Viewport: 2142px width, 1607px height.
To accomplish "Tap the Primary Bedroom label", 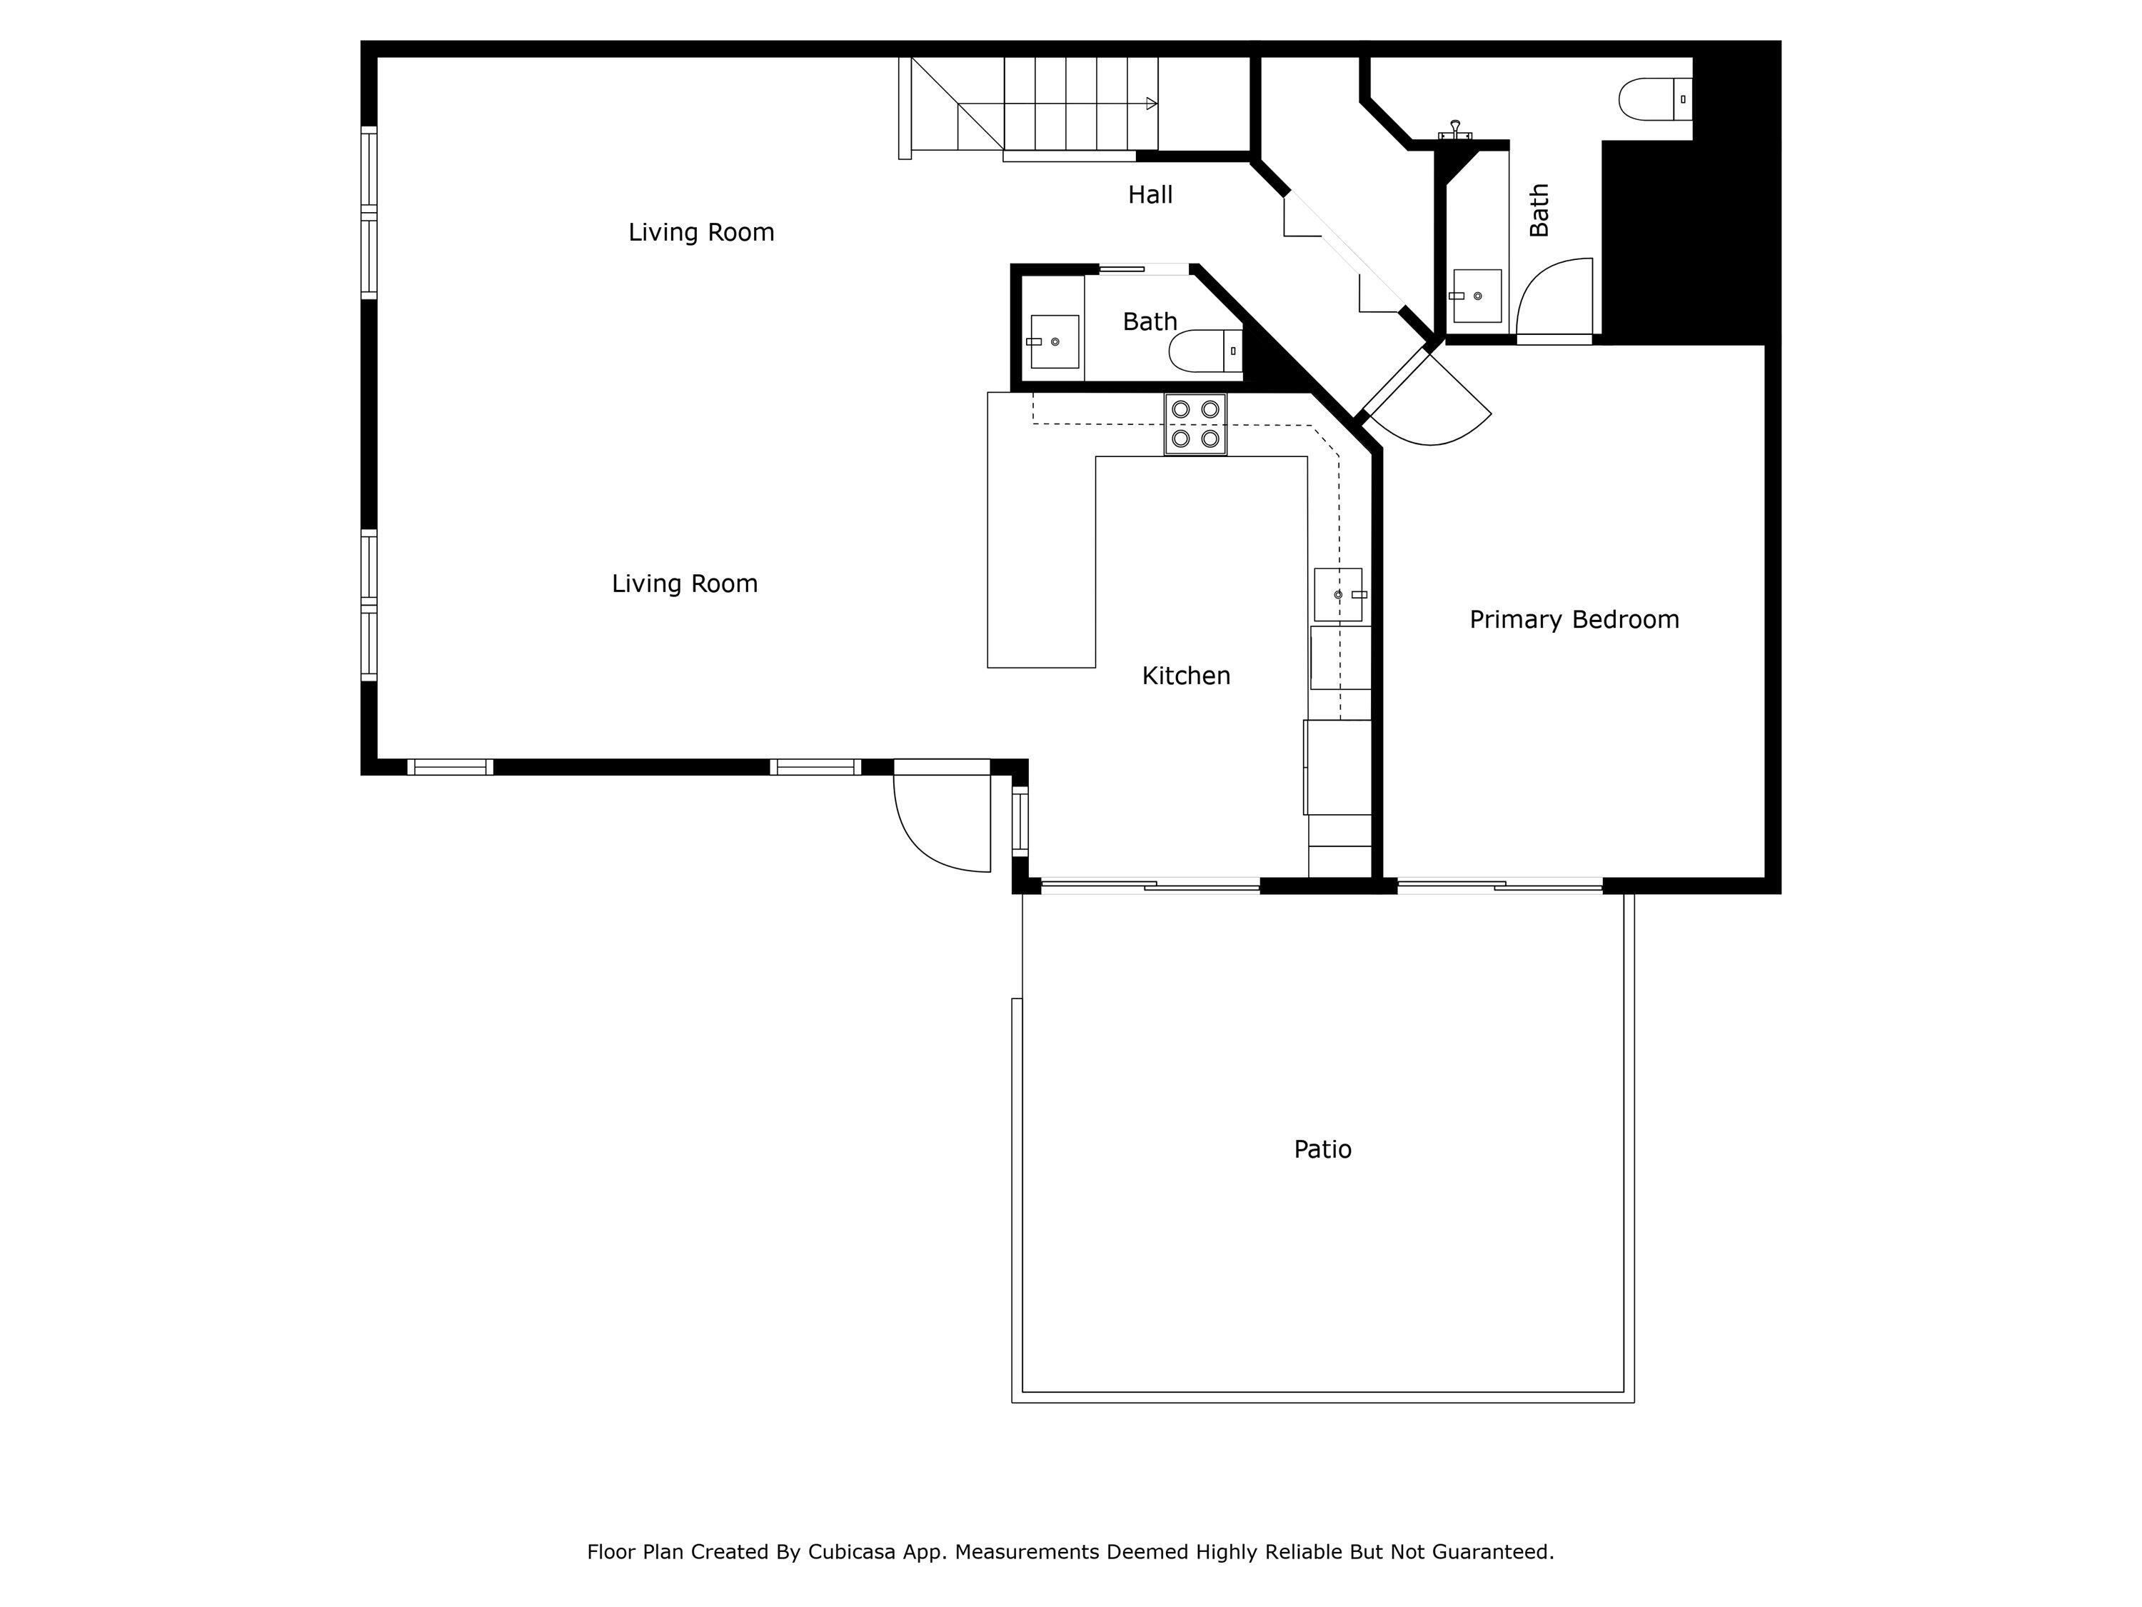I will (x=1574, y=620).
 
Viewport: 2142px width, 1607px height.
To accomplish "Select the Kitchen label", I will (x=1185, y=676).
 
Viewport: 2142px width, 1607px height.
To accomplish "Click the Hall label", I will (x=1150, y=195).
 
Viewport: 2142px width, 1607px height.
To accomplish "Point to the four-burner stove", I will (x=1195, y=424).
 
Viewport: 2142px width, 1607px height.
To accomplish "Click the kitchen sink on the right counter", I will (x=1338, y=594).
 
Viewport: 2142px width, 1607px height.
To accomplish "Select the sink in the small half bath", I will (x=1054, y=341).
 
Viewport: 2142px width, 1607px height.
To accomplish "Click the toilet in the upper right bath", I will (x=1655, y=99).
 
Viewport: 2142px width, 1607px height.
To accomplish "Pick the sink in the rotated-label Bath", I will (x=1477, y=296).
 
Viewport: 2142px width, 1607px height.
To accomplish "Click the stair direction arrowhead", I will (x=1152, y=104).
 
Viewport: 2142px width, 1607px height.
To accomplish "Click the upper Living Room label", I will (x=701, y=232).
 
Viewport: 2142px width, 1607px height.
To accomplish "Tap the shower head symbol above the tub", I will (x=1454, y=129).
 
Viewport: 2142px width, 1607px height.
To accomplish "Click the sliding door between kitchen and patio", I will (x=1150, y=883).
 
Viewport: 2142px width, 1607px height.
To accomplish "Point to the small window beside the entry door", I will (x=1020, y=822).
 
